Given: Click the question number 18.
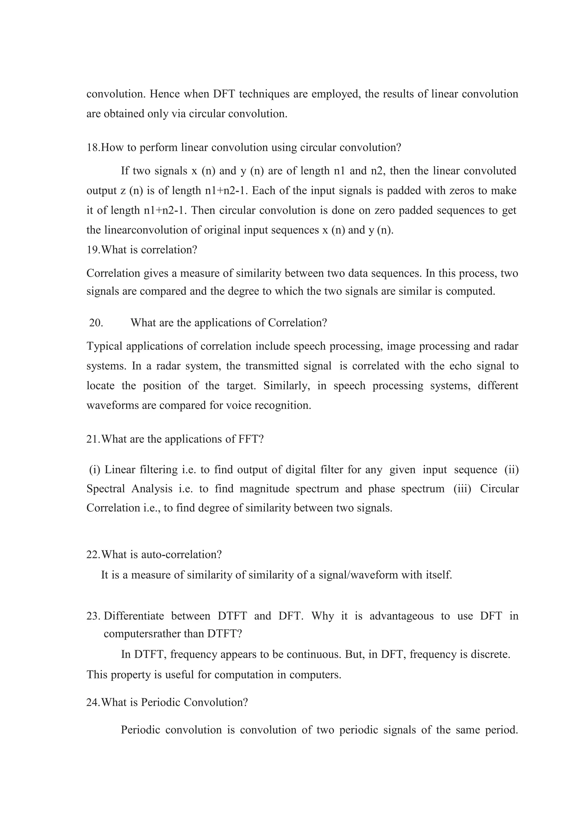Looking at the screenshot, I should pos(93,148).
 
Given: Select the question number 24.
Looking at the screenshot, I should pos(93,703).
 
